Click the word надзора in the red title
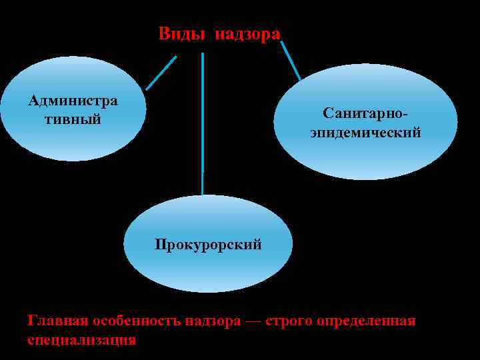pos(247,34)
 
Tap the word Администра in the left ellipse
pos(73,101)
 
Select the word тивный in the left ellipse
pos(73,119)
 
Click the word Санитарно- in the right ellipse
pos(365,113)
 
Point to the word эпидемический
pos(365,132)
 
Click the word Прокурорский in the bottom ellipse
pos(208,244)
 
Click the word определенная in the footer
pos(369,321)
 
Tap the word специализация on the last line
pos(81,339)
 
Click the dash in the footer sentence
pos(253,321)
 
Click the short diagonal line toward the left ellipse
pos(161,73)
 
